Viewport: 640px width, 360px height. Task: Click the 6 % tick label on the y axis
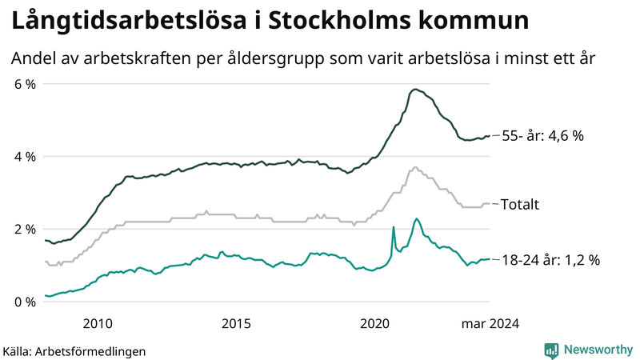tap(25, 84)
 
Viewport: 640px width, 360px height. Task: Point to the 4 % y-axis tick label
tap(25, 157)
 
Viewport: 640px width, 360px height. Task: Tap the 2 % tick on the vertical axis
tap(25, 230)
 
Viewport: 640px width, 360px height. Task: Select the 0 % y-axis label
tap(25, 302)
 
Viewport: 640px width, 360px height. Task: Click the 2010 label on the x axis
tap(97, 323)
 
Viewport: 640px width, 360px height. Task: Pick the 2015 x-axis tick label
tap(236, 323)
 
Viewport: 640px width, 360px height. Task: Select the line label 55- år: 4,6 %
tap(542, 136)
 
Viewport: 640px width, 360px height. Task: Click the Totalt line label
tap(519, 205)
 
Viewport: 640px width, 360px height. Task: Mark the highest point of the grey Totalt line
tap(414, 167)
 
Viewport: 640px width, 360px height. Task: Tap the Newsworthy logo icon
tap(551, 350)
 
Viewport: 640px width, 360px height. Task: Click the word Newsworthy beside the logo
tap(597, 350)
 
